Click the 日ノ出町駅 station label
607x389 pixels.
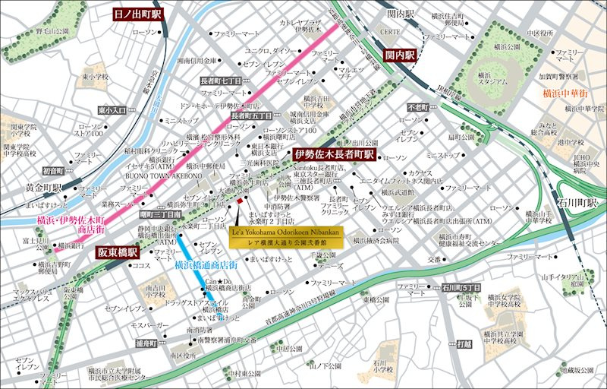137,14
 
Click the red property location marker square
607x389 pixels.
240,201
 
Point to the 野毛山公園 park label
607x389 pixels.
51,32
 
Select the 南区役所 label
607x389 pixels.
184,355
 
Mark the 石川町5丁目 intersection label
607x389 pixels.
461,287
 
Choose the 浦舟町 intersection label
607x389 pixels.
146,344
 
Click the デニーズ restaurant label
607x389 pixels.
331,267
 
